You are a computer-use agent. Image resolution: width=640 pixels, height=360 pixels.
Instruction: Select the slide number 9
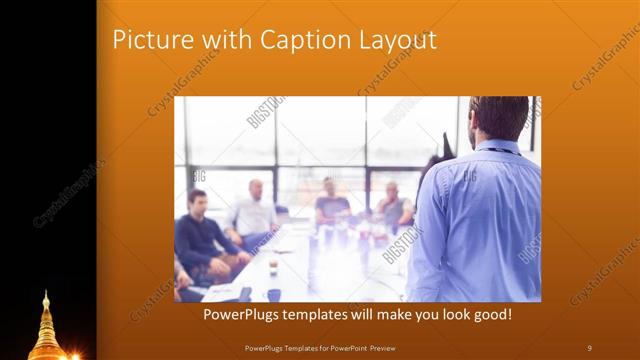click(x=590, y=347)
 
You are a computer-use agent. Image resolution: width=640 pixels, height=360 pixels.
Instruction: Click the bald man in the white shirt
click(x=254, y=210)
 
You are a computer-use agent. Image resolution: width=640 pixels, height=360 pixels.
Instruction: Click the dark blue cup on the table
click(x=272, y=295)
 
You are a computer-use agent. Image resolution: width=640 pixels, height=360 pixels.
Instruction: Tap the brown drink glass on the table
click(x=273, y=266)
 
